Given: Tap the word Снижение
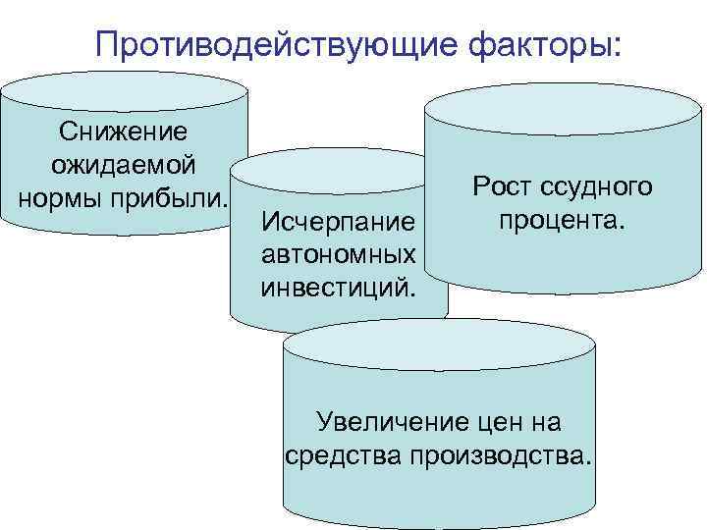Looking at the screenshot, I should pyautogui.click(x=124, y=132).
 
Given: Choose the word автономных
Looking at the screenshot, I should pyautogui.click(x=338, y=254).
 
